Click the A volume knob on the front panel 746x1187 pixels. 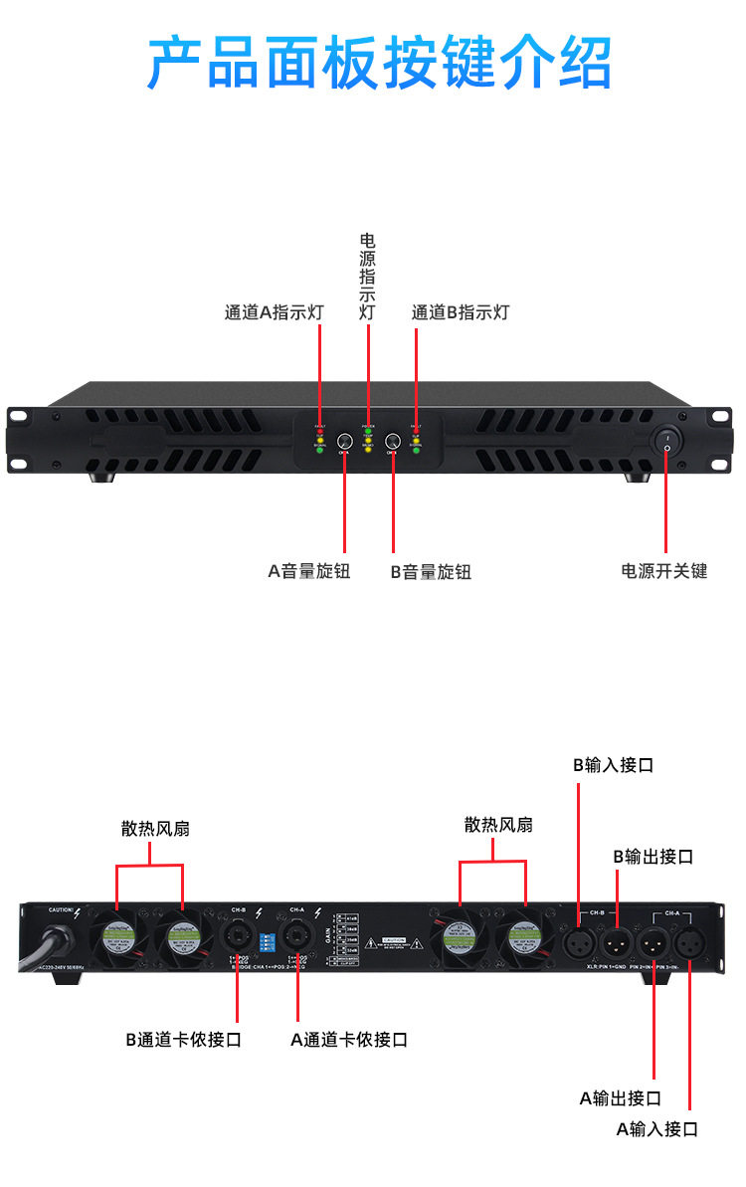click(345, 442)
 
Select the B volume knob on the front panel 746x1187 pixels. click(393, 442)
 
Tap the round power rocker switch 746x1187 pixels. click(667, 439)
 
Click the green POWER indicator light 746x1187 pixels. click(368, 431)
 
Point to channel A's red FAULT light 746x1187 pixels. click(320, 431)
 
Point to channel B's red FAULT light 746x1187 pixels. click(416, 431)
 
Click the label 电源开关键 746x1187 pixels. click(663, 571)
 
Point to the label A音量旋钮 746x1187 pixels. click(308, 572)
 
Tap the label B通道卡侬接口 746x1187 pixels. click(183, 1040)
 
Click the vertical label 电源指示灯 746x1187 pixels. click(368, 277)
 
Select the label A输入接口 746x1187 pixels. click(656, 1129)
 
